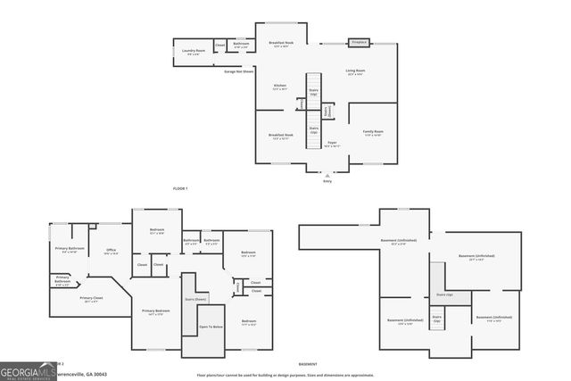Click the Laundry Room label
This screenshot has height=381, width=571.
pos(194,52)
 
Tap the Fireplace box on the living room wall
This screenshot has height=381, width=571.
pos(360,42)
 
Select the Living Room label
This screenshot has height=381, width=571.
pos(355,72)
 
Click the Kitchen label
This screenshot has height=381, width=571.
pos(279,87)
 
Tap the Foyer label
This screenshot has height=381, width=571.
pos(330,143)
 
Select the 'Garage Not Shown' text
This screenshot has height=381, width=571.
pos(239,71)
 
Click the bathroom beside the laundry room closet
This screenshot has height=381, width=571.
pos(241,45)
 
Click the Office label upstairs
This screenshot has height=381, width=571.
pos(112,251)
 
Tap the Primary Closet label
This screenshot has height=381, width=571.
pos(92,300)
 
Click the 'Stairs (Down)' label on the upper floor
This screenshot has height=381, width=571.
pos(196,299)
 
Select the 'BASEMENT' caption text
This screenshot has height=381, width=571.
pos(308,364)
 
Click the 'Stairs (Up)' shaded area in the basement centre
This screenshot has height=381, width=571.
pos(443,294)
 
